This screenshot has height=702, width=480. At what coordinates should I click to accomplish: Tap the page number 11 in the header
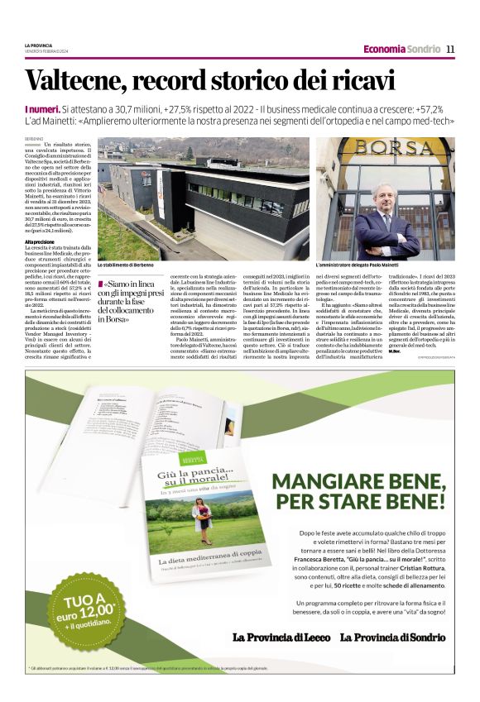coord(450,49)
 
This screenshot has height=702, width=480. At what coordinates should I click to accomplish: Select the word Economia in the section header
coord(383,49)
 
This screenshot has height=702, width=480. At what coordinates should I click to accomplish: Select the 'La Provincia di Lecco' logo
coord(281,638)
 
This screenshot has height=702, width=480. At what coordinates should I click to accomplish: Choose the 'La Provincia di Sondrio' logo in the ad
coord(392,638)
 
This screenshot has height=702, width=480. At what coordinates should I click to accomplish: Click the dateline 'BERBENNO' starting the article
coord(34,138)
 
